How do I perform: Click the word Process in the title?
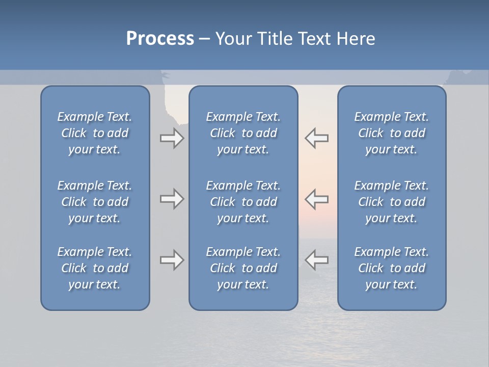160,39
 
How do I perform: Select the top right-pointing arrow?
172,138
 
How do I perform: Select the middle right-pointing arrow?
172,199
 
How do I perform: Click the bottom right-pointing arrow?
172,260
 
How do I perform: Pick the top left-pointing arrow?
317,138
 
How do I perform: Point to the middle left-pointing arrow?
317,199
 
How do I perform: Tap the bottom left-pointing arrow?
317,260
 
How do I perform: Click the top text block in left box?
95,133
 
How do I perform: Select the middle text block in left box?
95,202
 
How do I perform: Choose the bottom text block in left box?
95,268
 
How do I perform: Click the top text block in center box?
243,133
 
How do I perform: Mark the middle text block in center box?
243,202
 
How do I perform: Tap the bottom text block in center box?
243,268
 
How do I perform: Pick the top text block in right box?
392,133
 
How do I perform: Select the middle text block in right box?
392,202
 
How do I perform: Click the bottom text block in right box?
392,268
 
